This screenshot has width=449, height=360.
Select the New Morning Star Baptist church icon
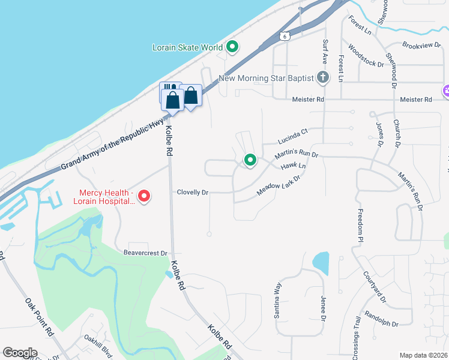323,77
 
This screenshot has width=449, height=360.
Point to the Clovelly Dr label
192,193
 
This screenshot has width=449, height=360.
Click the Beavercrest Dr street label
146,253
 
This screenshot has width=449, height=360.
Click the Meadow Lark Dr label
277,185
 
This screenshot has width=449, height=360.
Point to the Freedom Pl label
361,226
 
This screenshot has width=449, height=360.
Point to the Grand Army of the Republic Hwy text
113,146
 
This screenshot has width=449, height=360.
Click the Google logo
20,353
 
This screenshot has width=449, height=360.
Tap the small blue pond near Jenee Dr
321,262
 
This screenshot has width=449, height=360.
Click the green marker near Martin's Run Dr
250,160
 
